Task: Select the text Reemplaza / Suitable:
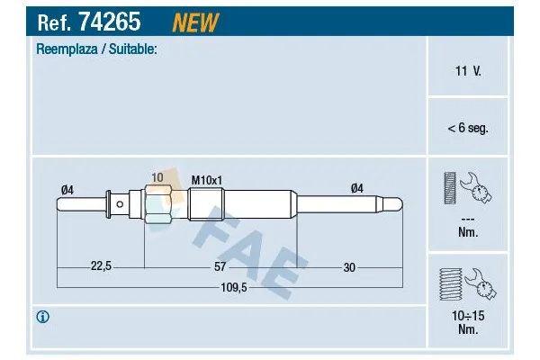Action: coord(96,49)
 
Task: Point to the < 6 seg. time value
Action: coord(467,129)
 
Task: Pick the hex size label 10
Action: coord(157,177)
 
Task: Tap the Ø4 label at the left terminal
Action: coord(66,188)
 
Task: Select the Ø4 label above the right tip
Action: coord(356,188)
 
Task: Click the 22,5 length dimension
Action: coord(100,266)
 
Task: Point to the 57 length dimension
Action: coord(219,266)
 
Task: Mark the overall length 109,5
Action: coord(233,288)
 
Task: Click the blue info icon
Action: coord(42,317)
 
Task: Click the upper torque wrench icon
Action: coord(467,190)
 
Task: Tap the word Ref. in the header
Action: coord(52,21)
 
